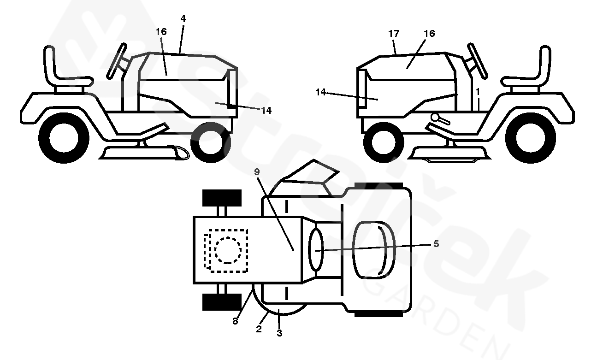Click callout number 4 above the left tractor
(x=183, y=18)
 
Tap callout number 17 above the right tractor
(x=394, y=34)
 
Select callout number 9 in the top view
(x=257, y=172)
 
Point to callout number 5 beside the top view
(x=436, y=243)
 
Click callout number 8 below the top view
(x=235, y=321)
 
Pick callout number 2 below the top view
(x=259, y=329)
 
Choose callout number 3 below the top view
(x=279, y=333)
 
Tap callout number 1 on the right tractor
(x=477, y=92)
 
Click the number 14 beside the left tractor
(x=266, y=110)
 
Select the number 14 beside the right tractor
(x=320, y=92)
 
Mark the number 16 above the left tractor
(x=161, y=32)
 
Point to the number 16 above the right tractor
(x=429, y=34)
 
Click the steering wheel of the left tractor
(x=117, y=61)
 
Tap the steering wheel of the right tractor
(x=477, y=61)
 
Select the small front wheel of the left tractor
(x=211, y=142)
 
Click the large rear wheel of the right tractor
(x=530, y=138)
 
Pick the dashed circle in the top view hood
(x=228, y=250)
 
